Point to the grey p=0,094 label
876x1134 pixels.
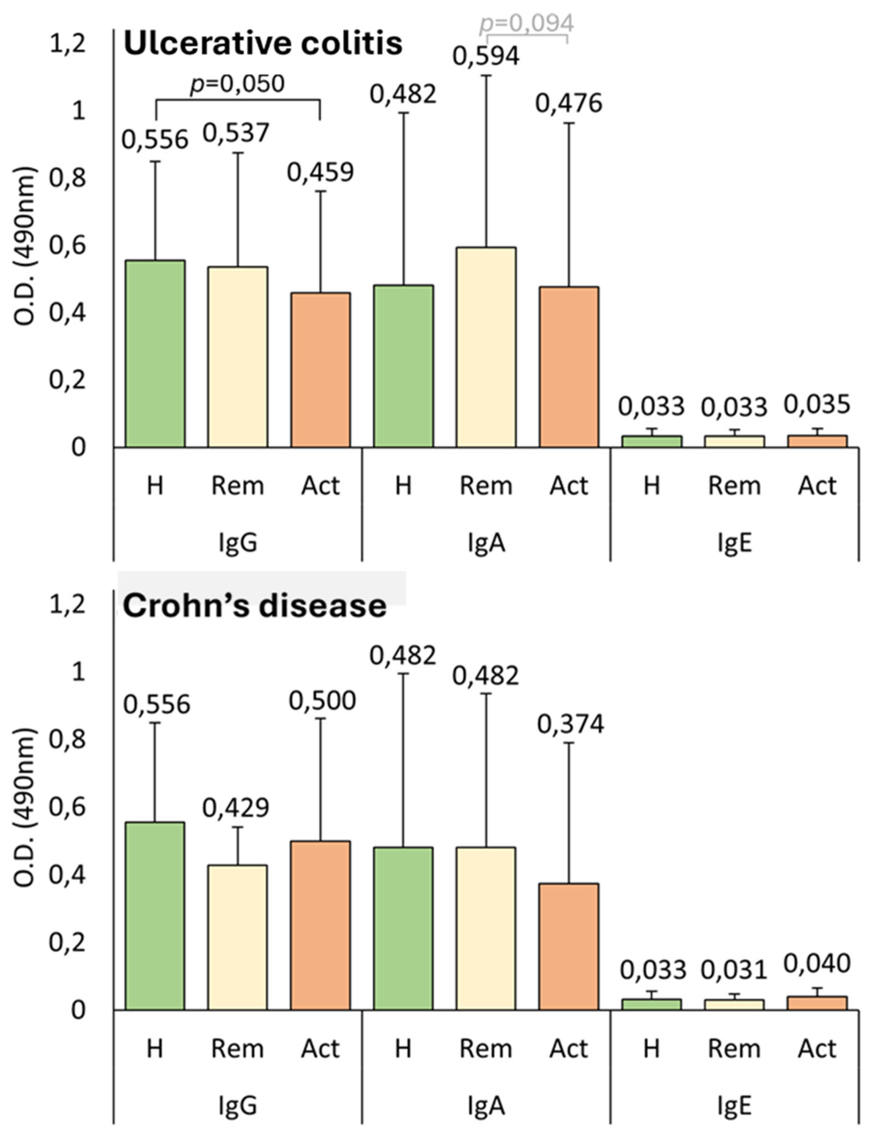(527, 23)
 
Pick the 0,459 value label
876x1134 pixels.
(320, 172)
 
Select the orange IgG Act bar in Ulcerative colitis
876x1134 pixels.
(320, 370)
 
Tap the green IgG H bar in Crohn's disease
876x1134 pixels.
(155, 916)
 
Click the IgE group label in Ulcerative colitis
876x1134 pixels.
(734, 543)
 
